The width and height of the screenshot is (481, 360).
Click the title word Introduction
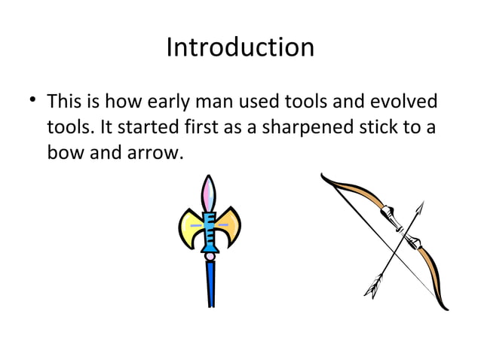240,48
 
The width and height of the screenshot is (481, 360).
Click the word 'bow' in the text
63,154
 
